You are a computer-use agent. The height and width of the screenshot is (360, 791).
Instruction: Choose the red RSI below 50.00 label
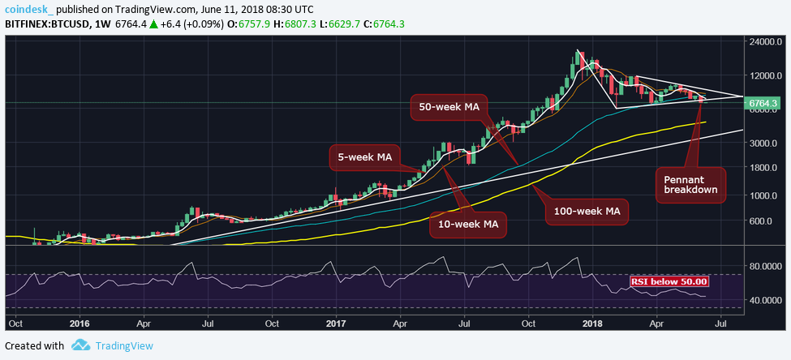[x=670, y=281]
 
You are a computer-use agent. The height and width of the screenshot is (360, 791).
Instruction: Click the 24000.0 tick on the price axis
[x=764, y=41]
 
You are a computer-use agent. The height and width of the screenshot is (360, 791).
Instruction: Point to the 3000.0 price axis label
[x=764, y=143]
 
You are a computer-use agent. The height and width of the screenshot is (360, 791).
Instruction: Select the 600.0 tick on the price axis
[x=764, y=221]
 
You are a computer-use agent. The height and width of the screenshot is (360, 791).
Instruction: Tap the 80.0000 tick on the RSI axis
[x=764, y=265]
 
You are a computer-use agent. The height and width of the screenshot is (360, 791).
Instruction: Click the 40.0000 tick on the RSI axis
[x=764, y=300]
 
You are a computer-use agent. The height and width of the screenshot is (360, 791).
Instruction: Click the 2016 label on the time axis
[x=79, y=323]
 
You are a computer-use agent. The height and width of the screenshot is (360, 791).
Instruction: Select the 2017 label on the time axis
[x=336, y=323]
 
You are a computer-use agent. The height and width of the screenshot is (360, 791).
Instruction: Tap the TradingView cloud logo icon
[x=80, y=345]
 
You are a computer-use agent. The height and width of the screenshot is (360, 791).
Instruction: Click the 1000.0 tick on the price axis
[x=764, y=195]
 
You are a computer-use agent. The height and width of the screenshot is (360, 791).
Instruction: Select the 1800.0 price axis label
[x=764, y=168]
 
